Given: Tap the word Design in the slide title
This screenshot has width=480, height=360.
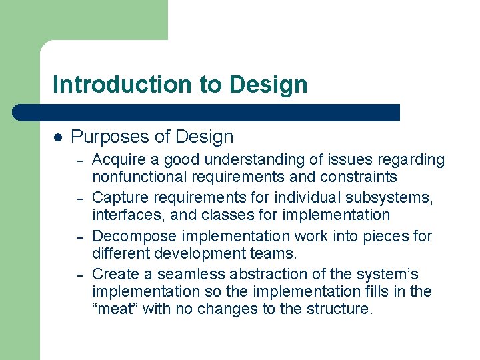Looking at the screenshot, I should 268,85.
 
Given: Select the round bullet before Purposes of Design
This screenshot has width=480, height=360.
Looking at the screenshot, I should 58,137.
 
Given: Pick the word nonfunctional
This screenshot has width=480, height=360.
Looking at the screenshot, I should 131,177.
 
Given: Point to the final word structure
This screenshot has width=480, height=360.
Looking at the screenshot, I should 340,309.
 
